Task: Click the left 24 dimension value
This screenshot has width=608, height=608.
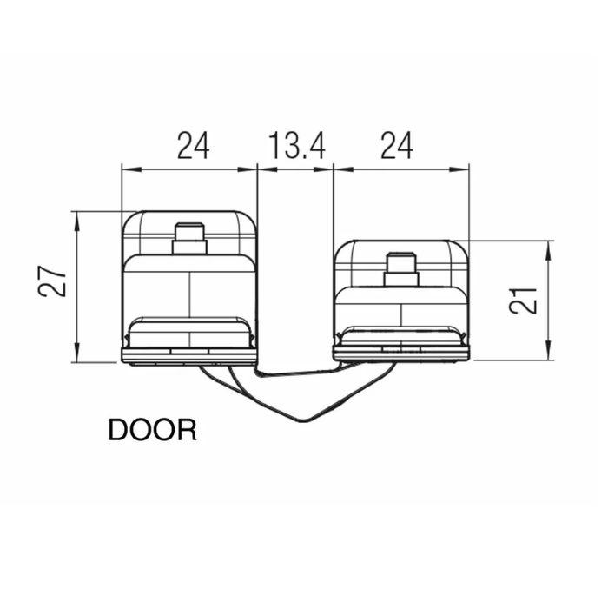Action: coord(195,145)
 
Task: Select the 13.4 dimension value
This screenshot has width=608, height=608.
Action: coord(295,145)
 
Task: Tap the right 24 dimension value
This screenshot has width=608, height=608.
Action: coord(395,145)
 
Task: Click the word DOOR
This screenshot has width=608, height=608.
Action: coord(152,430)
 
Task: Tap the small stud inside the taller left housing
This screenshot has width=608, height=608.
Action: coord(188,238)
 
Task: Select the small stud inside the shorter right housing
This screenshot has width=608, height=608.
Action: coord(401,268)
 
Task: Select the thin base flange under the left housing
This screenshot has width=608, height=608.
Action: coord(188,355)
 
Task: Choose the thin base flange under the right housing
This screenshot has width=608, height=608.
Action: coord(401,354)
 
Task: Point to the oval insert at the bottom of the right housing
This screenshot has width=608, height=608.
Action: coord(401,335)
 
